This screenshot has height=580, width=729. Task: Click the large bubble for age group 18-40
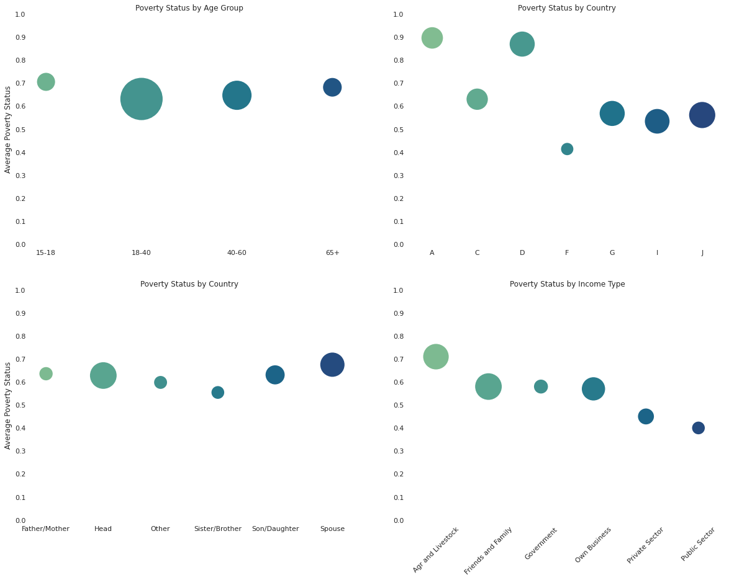point(141,99)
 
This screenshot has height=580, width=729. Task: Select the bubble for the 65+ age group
point(332,87)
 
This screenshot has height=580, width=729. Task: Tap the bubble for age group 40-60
point(237,96)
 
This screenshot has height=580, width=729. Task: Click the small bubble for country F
point(567,149)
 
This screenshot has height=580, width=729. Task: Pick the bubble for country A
point(432,38)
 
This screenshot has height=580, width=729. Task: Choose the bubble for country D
point(522,44)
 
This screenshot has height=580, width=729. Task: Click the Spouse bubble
point(332,364)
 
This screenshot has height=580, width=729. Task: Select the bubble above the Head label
point(103,375)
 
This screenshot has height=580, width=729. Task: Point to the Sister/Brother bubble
point(217,392)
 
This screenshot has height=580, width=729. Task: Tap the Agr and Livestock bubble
point(436,356)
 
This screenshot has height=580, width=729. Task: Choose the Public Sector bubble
point(698,427)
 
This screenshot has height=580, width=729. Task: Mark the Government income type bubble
point(541,386)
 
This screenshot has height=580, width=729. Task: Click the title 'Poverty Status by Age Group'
point(189,8)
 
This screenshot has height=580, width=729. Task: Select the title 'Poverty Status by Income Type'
point(567,284)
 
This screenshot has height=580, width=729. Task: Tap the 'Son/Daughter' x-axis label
point(275,529)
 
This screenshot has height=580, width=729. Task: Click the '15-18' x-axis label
point(45,252)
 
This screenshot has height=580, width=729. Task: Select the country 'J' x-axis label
point(702,252)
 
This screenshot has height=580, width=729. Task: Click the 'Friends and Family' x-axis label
point(489,550)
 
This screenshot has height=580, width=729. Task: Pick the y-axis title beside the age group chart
point(8,129)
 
